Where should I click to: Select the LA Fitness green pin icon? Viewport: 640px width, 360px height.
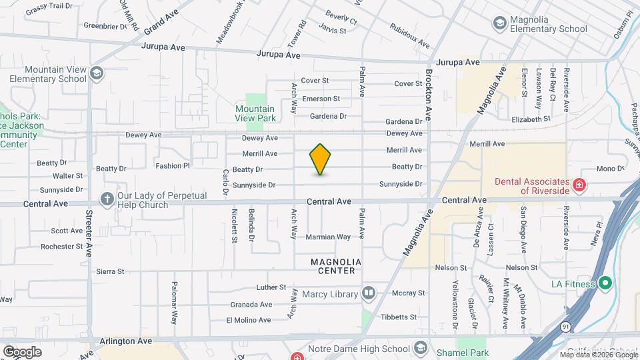point(605,284)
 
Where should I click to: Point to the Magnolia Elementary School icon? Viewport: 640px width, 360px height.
point(499,23)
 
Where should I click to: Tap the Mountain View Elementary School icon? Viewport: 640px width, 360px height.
point(97,73)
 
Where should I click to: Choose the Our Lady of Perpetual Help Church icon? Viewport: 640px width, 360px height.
point(107,199)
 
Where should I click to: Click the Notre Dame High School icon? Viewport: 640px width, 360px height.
point(421,347)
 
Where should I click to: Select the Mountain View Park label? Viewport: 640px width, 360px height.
point(255,113)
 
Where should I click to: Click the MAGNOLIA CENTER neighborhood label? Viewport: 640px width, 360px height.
point(336,262)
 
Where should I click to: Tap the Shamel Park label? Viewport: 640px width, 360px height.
point(462,353)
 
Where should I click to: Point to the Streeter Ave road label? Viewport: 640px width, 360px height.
point(89,233)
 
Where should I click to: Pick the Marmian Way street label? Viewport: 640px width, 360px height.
point(328,237)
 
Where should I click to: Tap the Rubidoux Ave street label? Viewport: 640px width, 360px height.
point(410,37)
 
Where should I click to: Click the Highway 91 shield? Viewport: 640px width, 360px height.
point(565,327)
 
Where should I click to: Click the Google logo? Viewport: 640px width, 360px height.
point(22,351)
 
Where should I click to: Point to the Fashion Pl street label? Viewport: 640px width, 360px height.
point(173,165)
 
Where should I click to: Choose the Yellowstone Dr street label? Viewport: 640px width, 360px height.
point(455,304)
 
